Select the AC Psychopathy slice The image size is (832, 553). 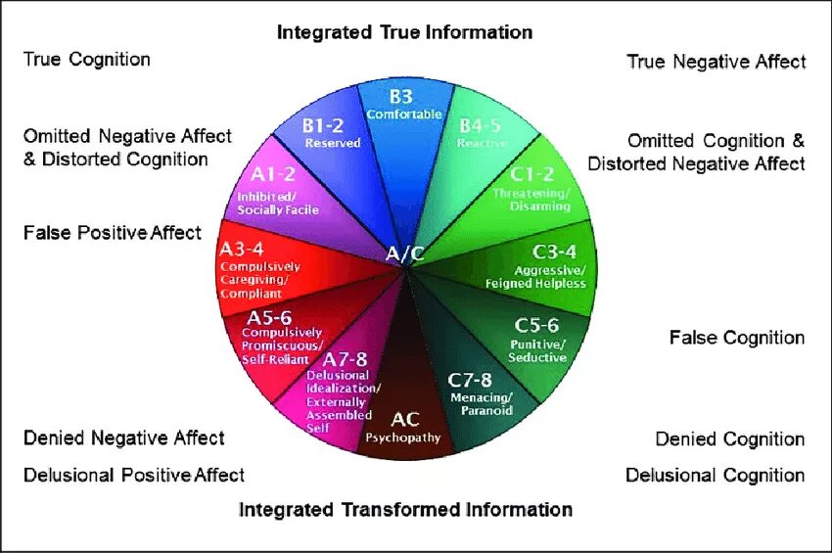point(404,427)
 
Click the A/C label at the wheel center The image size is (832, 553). point(405,254)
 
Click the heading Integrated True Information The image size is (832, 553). point(404,32)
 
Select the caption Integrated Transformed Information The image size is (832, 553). point(405,509)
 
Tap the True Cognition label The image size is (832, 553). point(87,59)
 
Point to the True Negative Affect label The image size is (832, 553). point(716,62)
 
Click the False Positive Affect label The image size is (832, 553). point(112,233)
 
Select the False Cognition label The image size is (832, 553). point(737,338)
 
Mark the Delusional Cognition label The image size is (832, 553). point(715,476)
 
